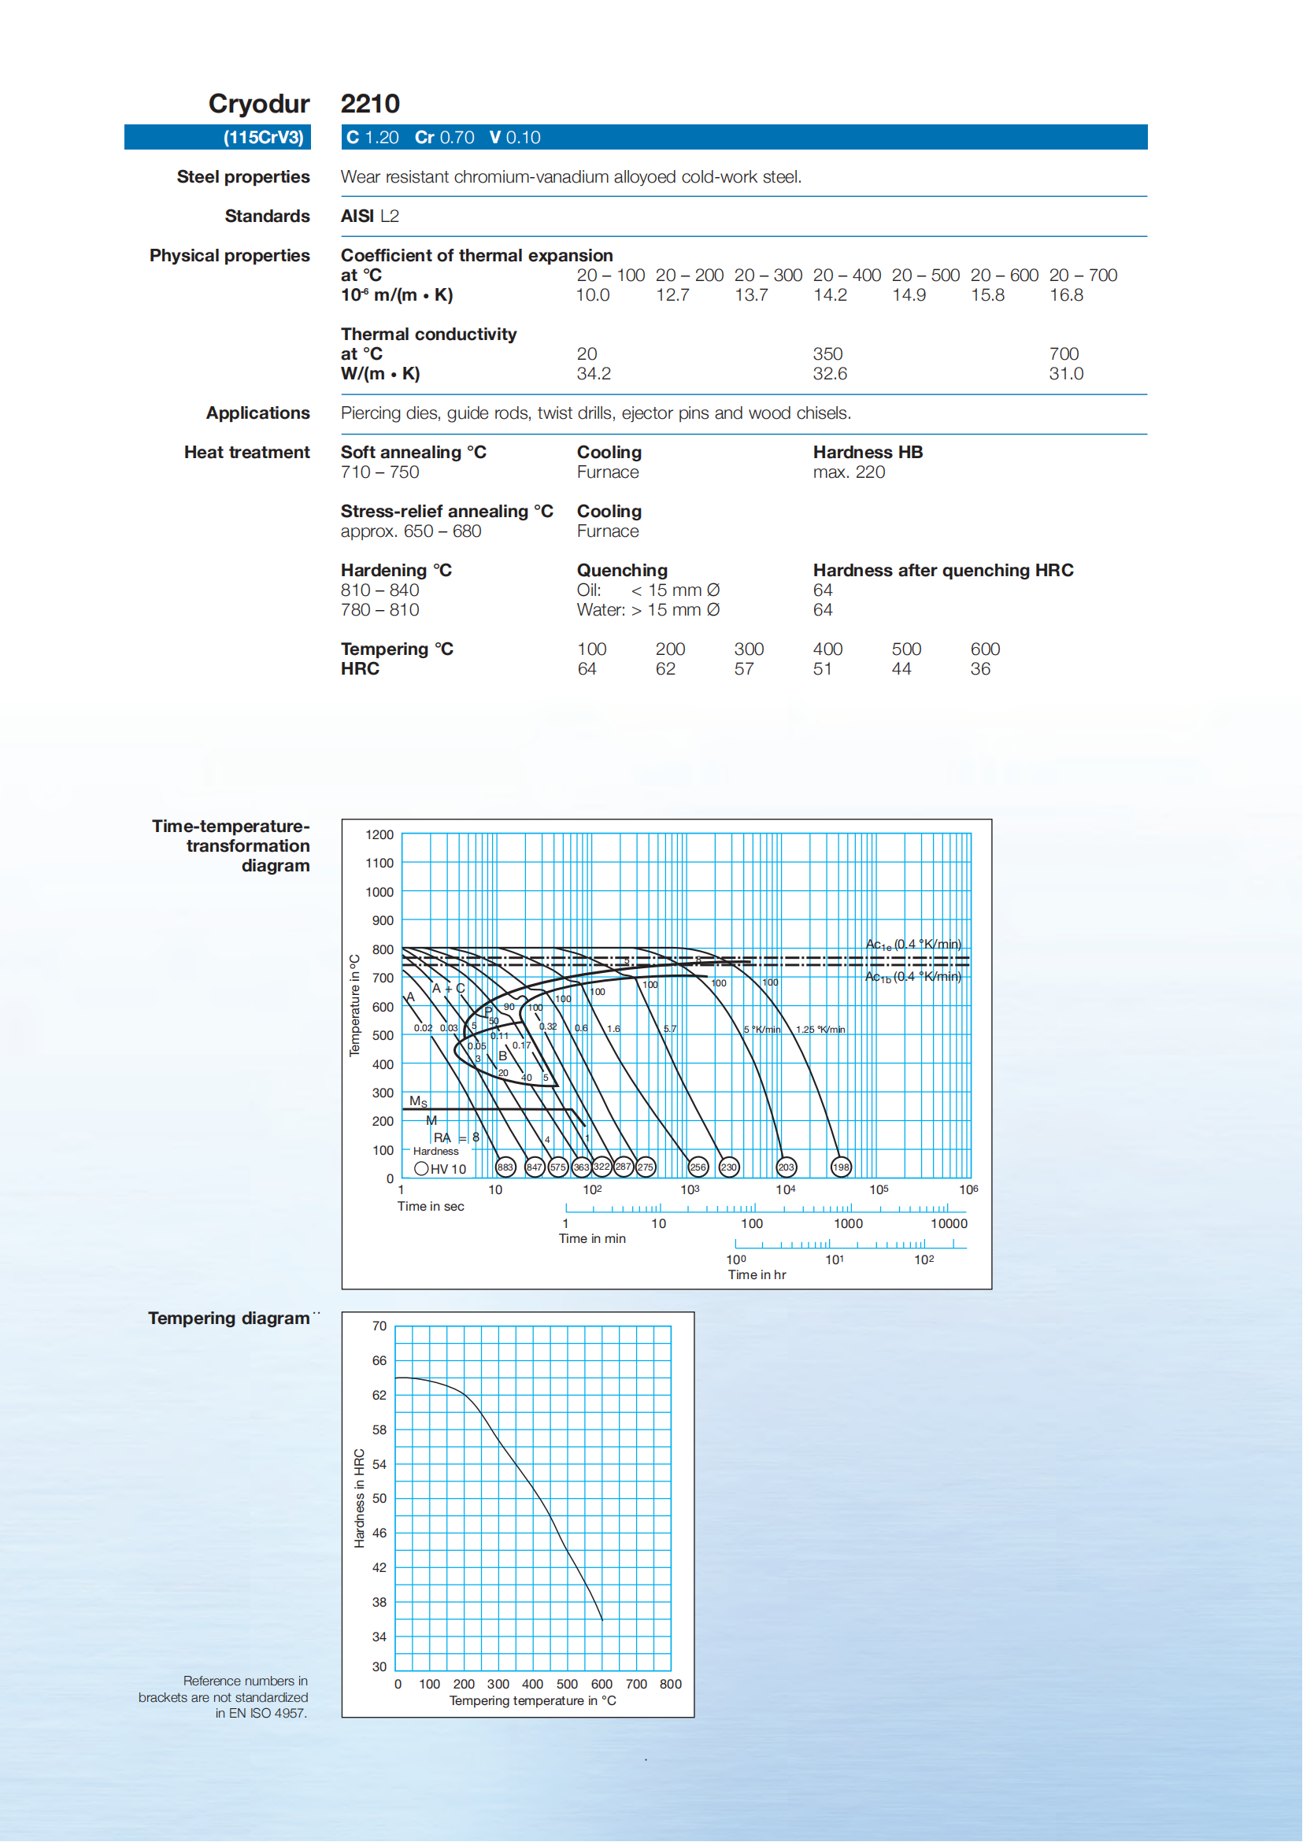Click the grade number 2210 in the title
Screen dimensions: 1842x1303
coord(370,104)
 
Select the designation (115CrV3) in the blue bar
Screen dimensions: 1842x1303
coord(263,138)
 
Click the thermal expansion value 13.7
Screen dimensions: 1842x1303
coord(751,295)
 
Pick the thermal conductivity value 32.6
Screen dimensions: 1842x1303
coord(830,374)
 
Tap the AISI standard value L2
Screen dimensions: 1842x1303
coord(389,216)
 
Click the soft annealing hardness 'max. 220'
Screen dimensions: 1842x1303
coord(849,472)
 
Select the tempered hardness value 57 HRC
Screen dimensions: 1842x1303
coord(744,669)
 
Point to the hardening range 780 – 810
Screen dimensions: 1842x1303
coord(379,611)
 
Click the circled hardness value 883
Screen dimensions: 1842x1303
coord(505,1167)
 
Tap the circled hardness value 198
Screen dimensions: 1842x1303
coord(841,1167)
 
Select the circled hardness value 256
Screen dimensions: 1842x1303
coord(698,1167)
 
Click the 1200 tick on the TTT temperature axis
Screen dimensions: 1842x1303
coord(379,835)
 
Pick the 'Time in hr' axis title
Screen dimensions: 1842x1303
coord(757,1274)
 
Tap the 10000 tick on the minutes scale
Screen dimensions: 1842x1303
coord(949,1224)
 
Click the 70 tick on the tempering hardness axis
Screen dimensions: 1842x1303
coord(379,1326)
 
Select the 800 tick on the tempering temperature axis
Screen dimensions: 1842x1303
coord(670,1685)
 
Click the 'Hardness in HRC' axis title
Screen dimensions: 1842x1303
coord(360,1498)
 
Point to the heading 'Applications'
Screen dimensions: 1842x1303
coord(257,413)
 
